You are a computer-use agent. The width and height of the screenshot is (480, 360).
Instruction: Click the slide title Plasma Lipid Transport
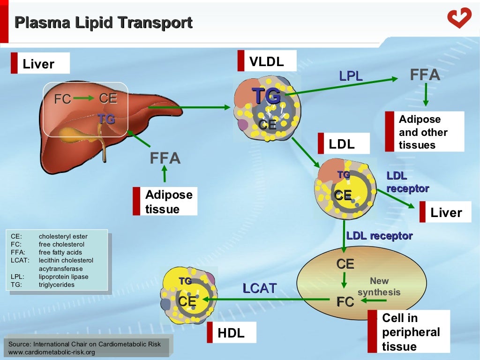coord(103,22)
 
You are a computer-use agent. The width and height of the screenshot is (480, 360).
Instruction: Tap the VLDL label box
coord(267,61)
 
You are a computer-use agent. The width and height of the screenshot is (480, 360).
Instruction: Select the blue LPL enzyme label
coord(351,75)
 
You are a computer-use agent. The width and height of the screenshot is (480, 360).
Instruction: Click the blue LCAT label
coord(259,288)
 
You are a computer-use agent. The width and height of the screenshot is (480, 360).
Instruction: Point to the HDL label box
coord(231,333)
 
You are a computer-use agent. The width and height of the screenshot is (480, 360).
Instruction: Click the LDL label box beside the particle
coord(342,144)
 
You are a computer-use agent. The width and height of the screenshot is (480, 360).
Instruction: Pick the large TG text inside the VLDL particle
coord(267,96)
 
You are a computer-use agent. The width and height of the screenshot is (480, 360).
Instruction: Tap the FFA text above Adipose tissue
coord(165,158)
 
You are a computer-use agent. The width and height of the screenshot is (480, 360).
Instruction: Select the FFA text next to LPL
coord(425,75)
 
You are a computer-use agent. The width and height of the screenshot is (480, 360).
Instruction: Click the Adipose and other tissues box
coord(423,132)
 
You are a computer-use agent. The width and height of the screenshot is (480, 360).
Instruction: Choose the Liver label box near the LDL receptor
coord(446,212)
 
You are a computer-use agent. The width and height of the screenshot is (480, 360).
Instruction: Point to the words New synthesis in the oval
coord(379,286)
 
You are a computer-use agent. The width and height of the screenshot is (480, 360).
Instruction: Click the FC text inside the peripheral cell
coord(345,301)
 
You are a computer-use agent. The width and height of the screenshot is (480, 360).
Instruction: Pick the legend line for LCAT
coord(52,261)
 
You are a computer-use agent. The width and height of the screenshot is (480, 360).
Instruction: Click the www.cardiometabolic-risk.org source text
coord(52,352)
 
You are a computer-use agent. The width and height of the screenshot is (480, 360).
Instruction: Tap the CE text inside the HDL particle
coord(187,301)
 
